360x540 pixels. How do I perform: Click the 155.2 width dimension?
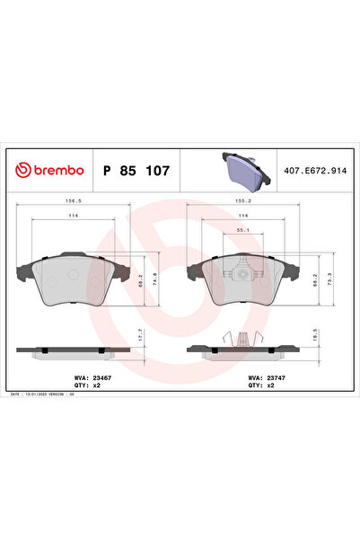click(241, 201)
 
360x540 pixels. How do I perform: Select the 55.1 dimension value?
click(242, 230)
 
